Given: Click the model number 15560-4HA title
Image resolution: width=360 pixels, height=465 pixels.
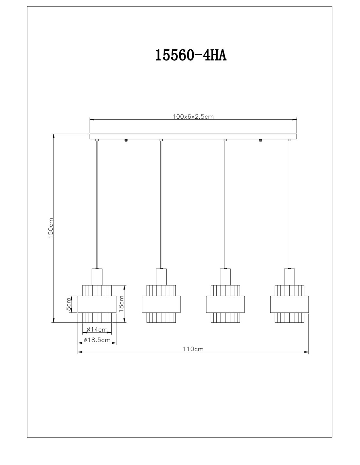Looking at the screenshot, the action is pyautogui.click(x=190, y=55).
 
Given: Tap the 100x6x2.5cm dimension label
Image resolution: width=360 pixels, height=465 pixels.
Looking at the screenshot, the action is pyautogui.click(x=193, y=117).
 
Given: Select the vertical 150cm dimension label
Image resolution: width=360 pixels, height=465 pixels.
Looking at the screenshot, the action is pyautogui.click(x=51, y=228).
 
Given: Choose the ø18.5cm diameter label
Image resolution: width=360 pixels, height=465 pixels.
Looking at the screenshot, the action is pyautogui.click(x=97, y=340).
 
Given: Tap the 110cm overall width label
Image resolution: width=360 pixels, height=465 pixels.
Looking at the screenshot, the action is pyautogui.click(x=193, y=349).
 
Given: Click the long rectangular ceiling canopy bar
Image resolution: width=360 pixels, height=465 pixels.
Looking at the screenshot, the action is pyautogui.click(x=193, y=136).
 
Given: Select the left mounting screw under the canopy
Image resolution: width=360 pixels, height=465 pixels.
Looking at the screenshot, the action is pyautogui.click(x=126, y=140).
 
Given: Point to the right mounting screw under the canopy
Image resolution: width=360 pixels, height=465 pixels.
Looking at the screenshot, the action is pyautogui.click(x=261, y=140).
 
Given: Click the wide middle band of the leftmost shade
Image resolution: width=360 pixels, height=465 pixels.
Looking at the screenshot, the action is pyautogui.click(x=97, y=304).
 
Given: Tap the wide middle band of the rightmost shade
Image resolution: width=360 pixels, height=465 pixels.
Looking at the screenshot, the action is pyautogui.click(x=289, y=304).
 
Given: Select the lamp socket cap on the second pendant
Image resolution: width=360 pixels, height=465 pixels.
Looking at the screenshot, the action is pyautogui.click(x=161, y=277).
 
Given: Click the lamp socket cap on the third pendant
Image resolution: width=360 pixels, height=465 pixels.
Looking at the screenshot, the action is pyautogui.click(x=225, y=277).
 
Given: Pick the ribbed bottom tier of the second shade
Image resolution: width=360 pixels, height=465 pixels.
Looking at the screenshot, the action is pyautogui.click(x=161, y=318).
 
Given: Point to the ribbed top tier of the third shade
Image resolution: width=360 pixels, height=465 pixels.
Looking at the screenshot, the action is pyautogui.click(x=225, y=290).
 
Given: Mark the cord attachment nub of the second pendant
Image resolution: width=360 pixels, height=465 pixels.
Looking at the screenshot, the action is pyautogui.click(x=161, y=140).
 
